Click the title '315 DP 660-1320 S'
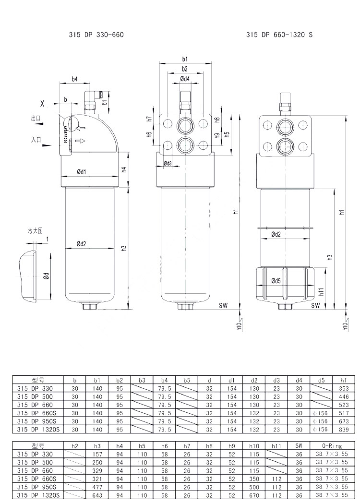pyautogui.click(x=279, y=35)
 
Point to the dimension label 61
pyautogui.click(x=105, y=101)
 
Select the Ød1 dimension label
pyautogui.click(x=81, y=172)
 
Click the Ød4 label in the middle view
pyautogui.click(x=185, y=79)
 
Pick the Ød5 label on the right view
pyautogui.click(x=276, y=281)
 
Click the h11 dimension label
pyautogui.click(x=321, y=291)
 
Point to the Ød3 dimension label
pyautogui.click(x=168, y=164)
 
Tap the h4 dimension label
pyautogui.click(x=124, y=169)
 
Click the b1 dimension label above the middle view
pyautogui.click(x=185, y=59)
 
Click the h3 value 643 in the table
pyautogui.click(x=97, y=495)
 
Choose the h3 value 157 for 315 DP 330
pyautogui.click(x=97, y=454)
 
